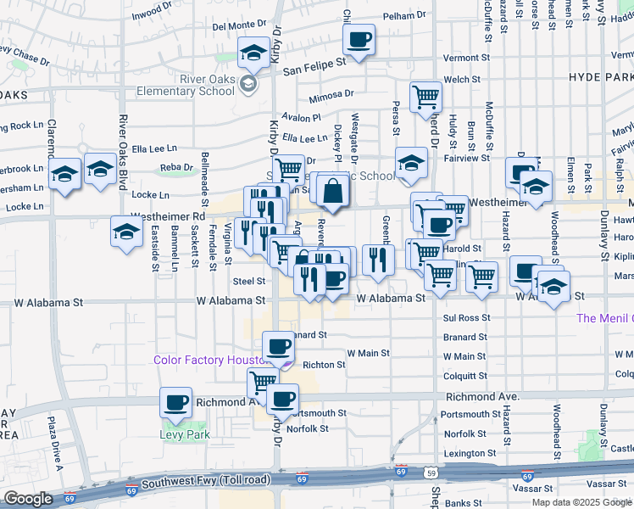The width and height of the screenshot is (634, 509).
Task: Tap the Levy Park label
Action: coord(185,434)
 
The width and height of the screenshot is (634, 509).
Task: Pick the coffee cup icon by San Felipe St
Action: coord(359,38)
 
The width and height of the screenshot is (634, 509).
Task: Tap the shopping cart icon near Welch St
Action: coord(425,96)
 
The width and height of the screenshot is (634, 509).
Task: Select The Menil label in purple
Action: coord(603,318)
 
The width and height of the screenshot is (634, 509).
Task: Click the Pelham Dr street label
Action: coord(404,16)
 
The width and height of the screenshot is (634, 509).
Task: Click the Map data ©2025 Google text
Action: coord(581,502)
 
